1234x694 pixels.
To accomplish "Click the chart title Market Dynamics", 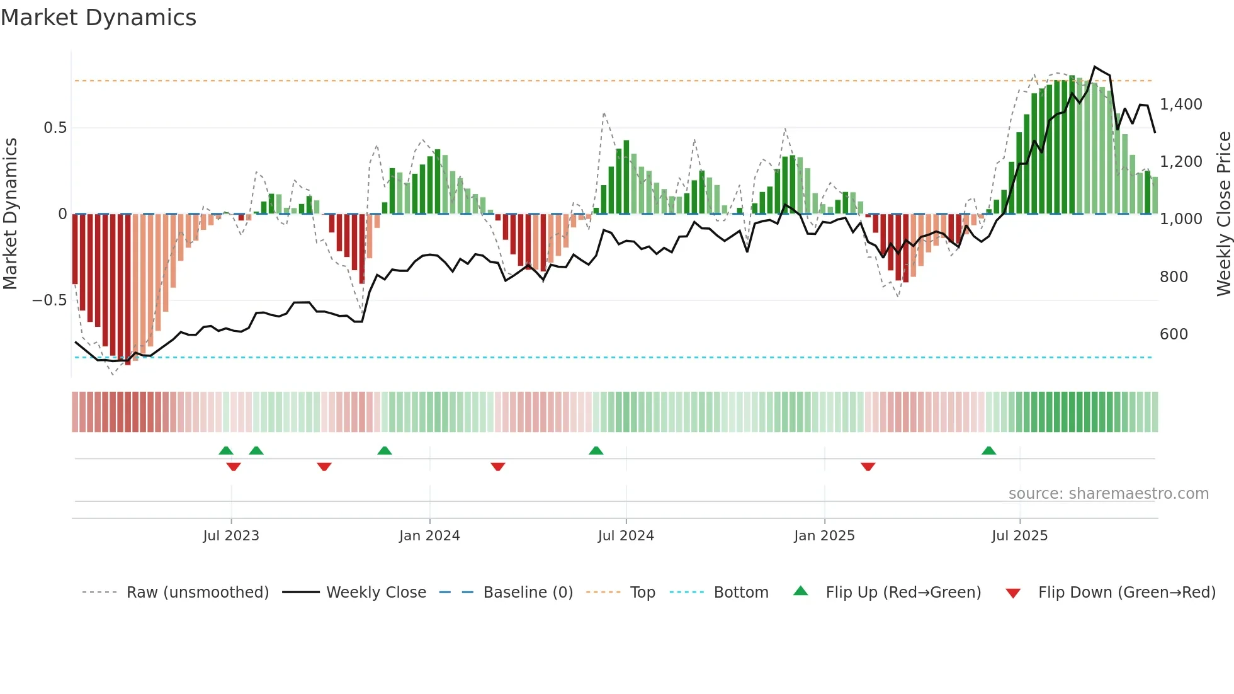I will (x=99, y=18).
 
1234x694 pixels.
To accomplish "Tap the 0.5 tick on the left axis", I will (x=55, y=128).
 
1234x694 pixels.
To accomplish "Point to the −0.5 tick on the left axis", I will (x=49, y=300).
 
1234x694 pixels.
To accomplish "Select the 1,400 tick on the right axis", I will (x=1180, y=105).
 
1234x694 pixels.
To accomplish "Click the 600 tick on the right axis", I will (x=1174, y=334).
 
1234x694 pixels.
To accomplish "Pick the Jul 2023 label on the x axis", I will (x=231, y=536).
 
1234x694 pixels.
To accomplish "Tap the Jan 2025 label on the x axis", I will (x=824, y=536).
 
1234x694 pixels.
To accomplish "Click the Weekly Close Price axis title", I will (x=1223, y=213).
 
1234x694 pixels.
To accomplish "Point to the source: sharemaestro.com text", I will (x=1108, y=494).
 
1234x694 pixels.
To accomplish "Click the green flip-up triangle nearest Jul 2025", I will (x=988, y=451).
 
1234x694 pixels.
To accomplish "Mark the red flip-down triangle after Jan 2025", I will (x=868, y=467).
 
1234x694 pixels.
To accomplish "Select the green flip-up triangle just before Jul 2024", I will (x=596, y=451).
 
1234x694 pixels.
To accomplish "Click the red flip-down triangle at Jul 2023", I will (x=234, y=467).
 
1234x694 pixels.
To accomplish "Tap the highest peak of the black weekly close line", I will (x=1095, y=67).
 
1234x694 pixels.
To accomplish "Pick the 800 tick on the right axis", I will (x=1174, y=277).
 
